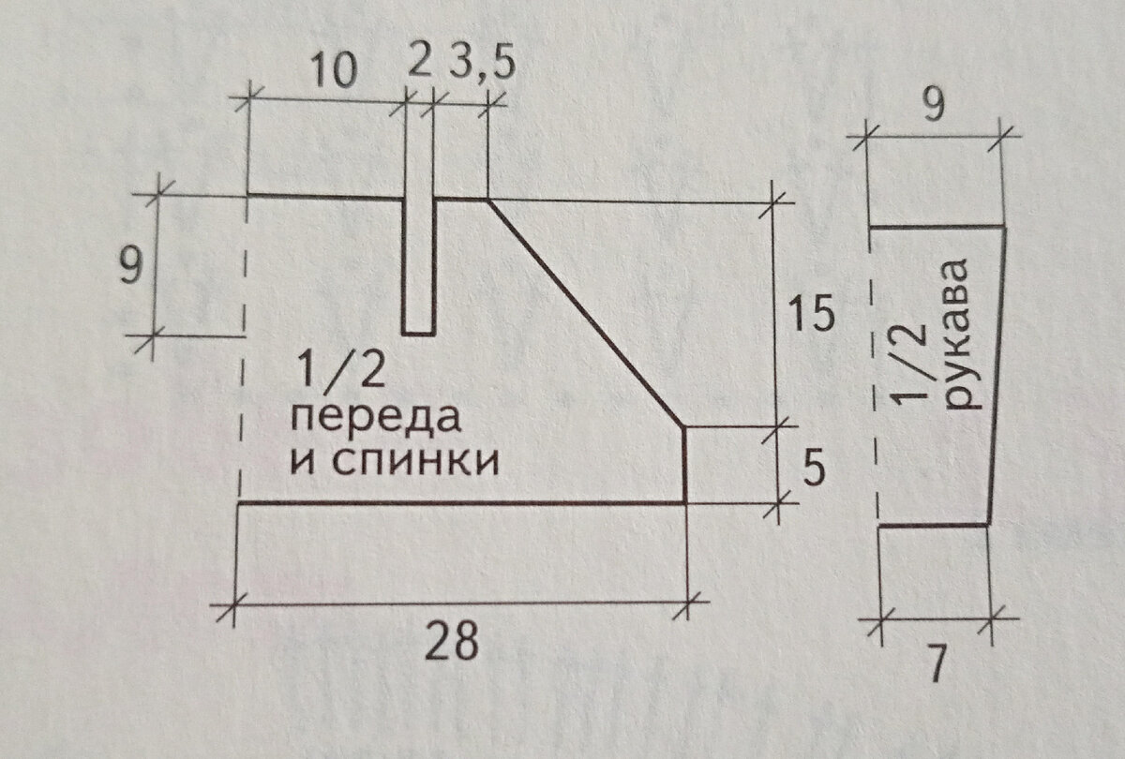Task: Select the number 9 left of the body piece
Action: [131, 269]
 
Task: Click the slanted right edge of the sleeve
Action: [997, 375]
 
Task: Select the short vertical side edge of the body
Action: [685, 466]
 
